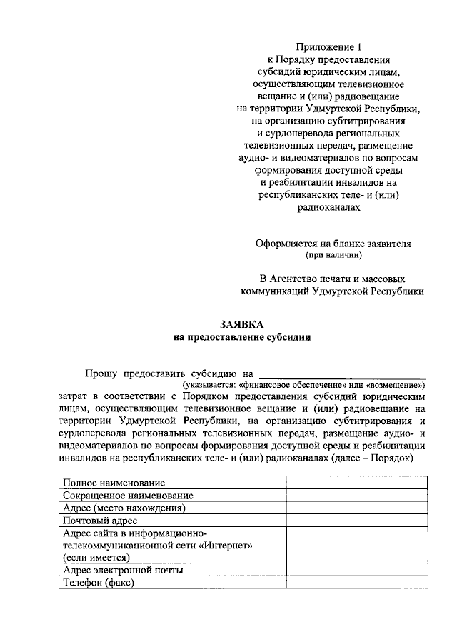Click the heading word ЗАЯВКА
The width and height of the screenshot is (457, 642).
(x=242, y=324)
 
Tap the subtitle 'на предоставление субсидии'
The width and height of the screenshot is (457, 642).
(x=242, y=337)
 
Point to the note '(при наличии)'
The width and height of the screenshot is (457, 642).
(x=333, y=254)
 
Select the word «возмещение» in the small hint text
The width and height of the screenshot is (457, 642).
(x=395, y=384)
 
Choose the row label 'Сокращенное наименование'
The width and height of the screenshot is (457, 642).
(x=127, y=496)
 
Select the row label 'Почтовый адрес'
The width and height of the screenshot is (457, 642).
(x=99, y=521)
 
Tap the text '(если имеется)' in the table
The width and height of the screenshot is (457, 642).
(x=96, y=557)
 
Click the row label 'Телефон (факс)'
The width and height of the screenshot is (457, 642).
(x=99, y=582)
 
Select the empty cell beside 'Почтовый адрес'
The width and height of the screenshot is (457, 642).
(x=357, y=521)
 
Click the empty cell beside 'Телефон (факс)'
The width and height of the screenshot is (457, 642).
(x=357, y=582)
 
